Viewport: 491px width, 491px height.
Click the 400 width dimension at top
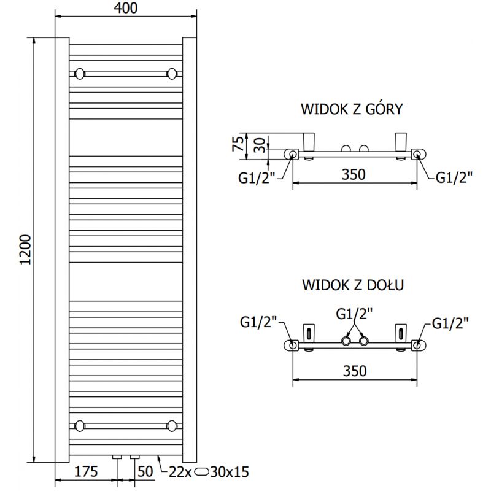125,8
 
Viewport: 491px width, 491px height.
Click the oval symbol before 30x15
201,472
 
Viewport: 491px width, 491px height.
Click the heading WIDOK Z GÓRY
351,109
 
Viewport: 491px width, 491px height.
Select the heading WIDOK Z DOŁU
352,285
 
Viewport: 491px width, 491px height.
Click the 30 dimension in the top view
260,145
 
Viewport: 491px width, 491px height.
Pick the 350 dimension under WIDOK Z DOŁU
354,371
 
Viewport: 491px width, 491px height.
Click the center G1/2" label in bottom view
355,314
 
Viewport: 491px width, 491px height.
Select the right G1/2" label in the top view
454,177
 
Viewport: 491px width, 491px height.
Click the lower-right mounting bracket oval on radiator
171,425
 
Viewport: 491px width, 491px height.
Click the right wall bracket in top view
402,141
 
